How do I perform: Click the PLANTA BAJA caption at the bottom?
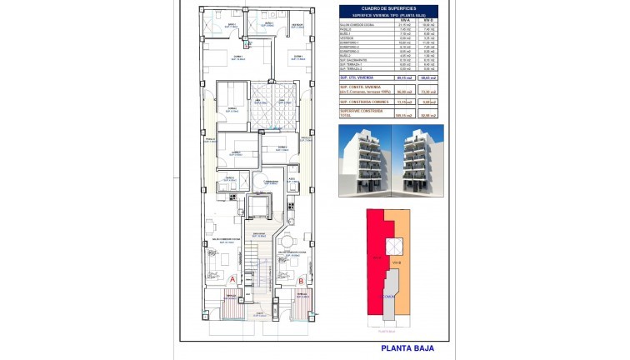click(407, 350)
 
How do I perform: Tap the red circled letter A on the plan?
click(232, 279)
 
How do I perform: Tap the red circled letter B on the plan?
click(301, 280)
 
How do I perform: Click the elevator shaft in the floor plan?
click(261, 205)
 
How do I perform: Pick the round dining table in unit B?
click(287, 242)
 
